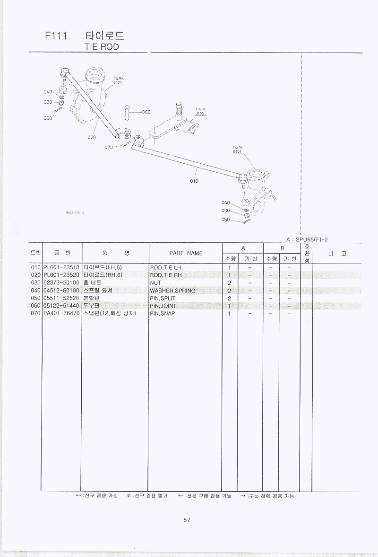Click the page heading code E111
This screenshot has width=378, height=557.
(55, 36)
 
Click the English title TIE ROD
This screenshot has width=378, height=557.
(101, 47)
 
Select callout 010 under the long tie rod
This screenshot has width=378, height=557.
(194, 181)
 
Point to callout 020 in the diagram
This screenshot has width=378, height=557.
(92, 137)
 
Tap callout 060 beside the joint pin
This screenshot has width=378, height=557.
(146, 112)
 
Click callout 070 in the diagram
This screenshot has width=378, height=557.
(109, 147)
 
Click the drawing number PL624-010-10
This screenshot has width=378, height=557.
(75, 212)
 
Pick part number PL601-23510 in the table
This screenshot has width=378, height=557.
(61, 267)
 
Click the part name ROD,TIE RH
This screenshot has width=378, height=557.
(165, 275)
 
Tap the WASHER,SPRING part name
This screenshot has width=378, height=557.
(172, 291)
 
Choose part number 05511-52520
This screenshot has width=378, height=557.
(61, 298)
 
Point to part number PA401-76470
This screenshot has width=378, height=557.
(61, 313)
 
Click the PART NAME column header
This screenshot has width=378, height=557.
(186, 253)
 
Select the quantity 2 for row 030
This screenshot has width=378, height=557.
(229, 283)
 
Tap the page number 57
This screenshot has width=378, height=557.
(187, 520)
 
